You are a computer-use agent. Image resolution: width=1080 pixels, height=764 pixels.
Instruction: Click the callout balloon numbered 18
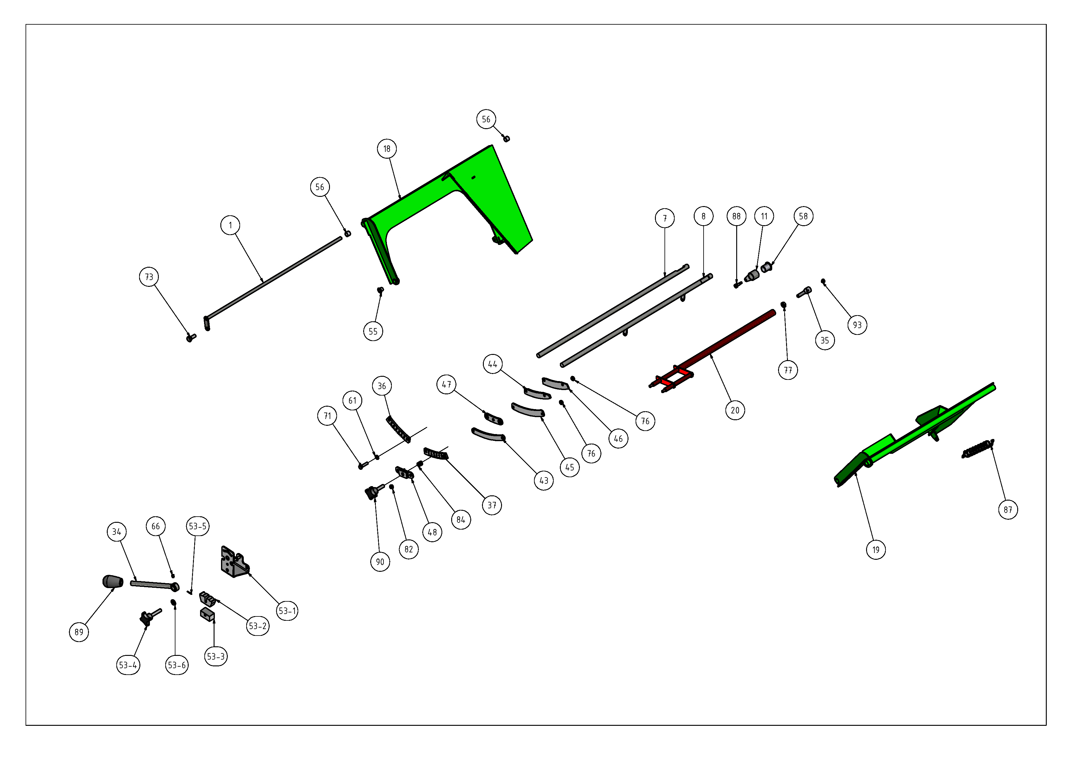[387, 149]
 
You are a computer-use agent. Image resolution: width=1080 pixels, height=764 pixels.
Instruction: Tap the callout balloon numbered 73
[149, 277]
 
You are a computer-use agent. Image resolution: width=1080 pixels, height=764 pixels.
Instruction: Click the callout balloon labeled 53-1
[287, 611]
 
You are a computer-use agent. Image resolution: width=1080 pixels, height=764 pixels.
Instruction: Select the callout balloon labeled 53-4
[128, 665]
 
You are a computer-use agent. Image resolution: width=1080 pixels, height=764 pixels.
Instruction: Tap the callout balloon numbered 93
[857, 325]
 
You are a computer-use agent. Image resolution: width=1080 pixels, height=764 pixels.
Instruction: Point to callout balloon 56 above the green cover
[486, 119]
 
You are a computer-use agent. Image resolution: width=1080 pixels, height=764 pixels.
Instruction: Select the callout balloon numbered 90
[380, 562]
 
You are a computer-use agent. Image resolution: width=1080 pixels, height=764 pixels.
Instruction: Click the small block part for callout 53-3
[207, 614]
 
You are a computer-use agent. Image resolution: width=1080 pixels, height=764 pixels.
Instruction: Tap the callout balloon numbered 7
[665, 218]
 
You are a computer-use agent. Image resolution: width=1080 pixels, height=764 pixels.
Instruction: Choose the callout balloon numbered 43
[544, 480]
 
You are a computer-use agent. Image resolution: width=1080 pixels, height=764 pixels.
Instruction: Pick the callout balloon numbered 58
[803, 216]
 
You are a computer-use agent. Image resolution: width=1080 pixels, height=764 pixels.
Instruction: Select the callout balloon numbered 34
[117, 531]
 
